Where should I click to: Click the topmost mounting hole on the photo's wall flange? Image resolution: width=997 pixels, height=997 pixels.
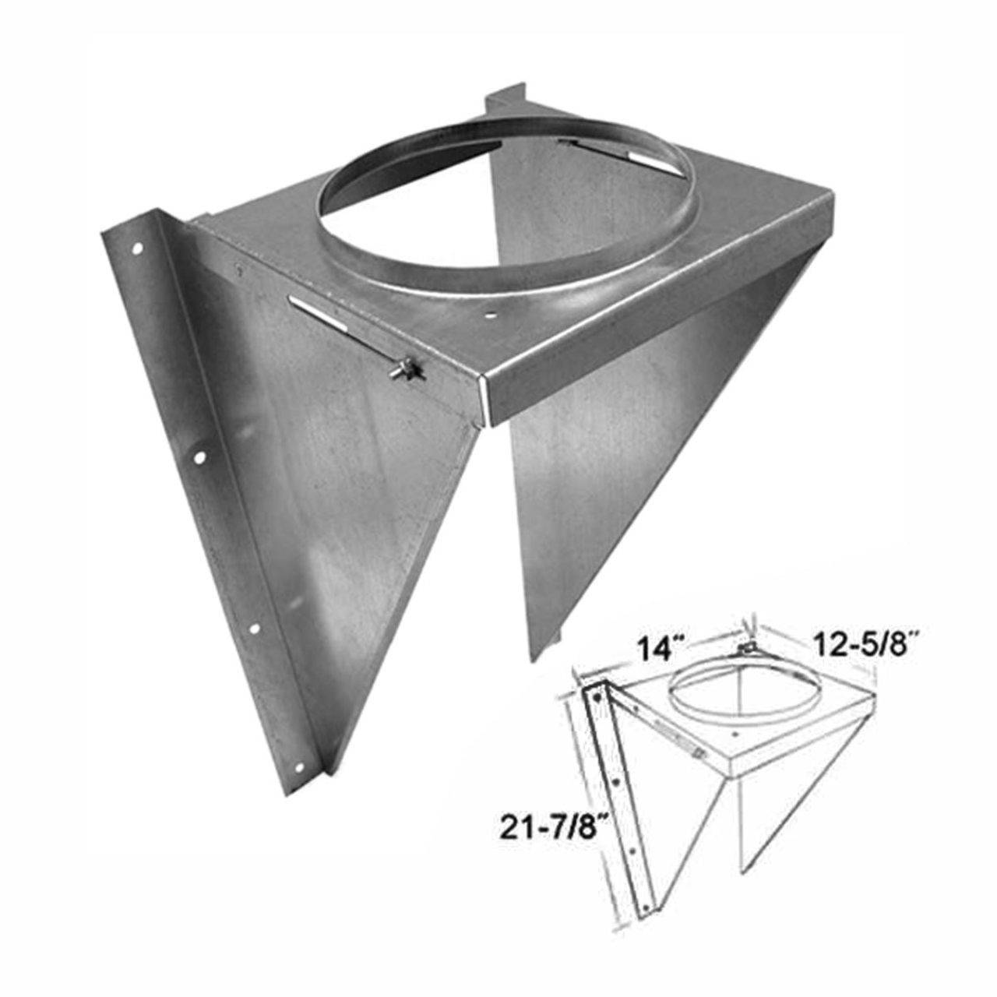click(137, 251)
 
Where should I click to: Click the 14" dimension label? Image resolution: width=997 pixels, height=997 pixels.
click(660, 649)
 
